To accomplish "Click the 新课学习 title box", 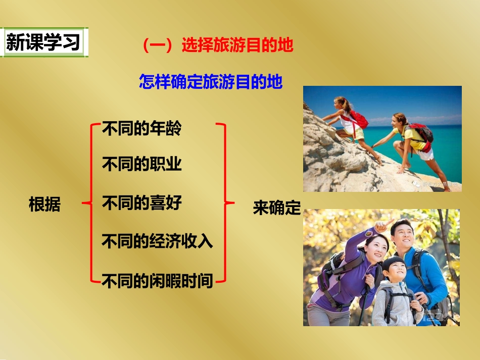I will tap(43, 43).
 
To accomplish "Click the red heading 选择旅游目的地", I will tap(218, 46).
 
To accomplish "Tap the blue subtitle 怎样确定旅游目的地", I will tap(211, 82).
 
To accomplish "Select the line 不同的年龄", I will tap(141, 129).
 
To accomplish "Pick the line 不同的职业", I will tap(141, 165).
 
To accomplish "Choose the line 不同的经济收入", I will tap(157, 241).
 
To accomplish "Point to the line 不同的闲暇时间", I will tap(157, 280).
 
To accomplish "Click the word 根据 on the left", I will tap(44, 205).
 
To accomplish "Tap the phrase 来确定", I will tap(277, 208).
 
